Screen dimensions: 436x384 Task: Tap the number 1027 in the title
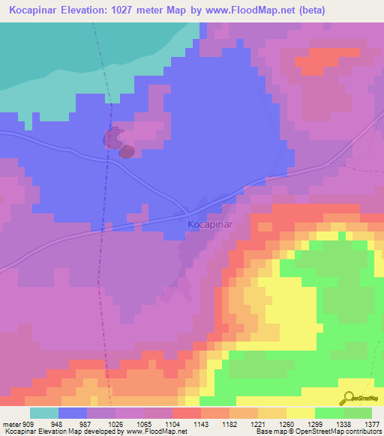point(136,10)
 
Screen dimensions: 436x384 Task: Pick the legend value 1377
point(371,424)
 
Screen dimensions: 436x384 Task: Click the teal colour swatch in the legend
point(44,413)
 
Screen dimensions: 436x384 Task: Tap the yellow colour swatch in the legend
point(301,413)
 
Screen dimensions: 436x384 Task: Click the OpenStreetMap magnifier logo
point(347,397)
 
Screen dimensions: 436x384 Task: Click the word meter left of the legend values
point(9,424)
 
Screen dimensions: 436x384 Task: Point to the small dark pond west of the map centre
point(126,151)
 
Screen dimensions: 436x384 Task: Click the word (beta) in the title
point(356,10)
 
